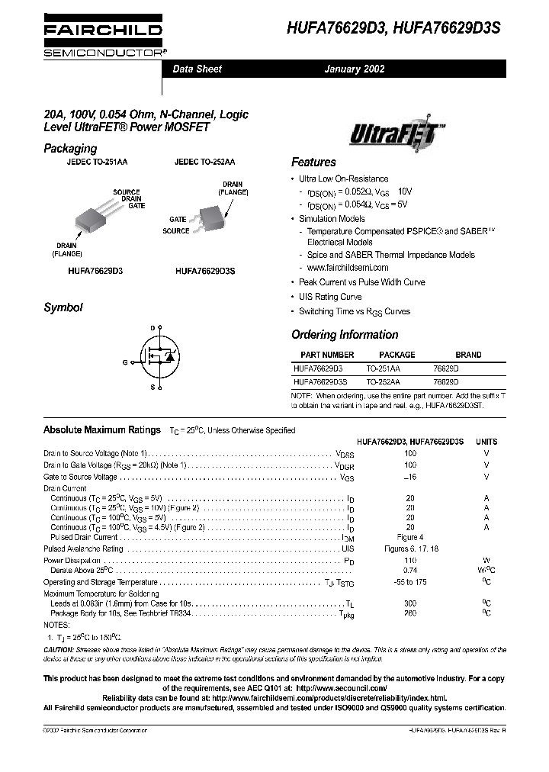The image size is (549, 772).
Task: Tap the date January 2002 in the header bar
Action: pos(355,69)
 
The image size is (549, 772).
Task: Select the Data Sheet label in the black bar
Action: pos(197,69)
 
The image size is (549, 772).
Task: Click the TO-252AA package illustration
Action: pos(209,217)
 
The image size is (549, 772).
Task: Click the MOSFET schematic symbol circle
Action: pos(161,358)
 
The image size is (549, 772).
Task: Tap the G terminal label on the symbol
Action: pos(124,362)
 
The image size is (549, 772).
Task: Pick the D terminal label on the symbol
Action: pos(152,327)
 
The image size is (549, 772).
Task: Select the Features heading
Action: pos(313,162)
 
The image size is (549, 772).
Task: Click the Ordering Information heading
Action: pos(345,335)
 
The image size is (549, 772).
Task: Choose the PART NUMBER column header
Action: pos(327,355)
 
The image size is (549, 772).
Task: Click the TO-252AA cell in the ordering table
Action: pos(383,381)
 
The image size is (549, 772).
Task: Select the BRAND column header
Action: pos(468,355)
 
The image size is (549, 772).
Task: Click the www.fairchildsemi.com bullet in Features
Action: pos(347,268)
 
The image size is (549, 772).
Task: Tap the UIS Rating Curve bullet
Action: pos(329,297)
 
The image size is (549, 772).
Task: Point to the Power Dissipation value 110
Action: pos(410,560)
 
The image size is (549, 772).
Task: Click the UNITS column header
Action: pos(486,442)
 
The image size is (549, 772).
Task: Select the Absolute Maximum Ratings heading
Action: pos(102,430)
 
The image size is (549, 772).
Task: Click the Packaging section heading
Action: pos(70,149)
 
